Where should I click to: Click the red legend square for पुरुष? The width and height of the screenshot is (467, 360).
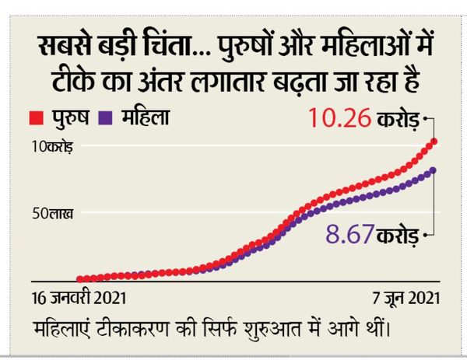click(x=37, y=118)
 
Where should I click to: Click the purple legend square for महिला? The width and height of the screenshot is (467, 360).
click(x=105, y=118)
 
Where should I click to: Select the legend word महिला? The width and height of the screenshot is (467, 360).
click(x=146, y=117)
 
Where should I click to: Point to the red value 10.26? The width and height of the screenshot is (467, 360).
click(x=340, y=118)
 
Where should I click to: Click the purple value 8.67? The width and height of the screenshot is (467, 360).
click(x=349, y=234)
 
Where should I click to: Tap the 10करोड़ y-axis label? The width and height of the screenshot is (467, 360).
click(x=52, y=147)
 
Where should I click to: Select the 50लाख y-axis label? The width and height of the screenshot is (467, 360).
click(x=52, y=213)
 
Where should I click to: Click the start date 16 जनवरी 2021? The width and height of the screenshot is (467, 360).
click(x=79, y=298)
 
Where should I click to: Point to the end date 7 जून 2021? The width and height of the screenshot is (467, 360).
click(x=406, y=298)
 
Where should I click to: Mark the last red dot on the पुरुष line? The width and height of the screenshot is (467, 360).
click(x=434, y=142)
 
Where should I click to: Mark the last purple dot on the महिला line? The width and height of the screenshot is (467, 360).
click(x=433, y=170)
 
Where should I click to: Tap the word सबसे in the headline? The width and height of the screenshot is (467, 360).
click(x=65, y=46)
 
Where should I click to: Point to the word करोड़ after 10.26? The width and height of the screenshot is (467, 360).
click(x=398, y=119)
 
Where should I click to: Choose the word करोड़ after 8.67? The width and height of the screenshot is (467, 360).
click(x=398, y=236)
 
